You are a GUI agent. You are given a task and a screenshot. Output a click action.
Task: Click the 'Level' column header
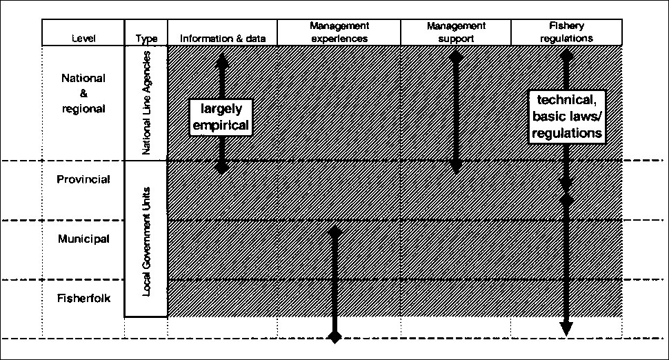coord(83,39)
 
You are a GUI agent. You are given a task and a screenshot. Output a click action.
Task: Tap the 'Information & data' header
coord(222,39)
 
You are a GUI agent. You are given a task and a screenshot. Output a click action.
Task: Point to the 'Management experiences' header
coord(339,32)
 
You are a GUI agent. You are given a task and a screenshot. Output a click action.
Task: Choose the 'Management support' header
coord(455,32)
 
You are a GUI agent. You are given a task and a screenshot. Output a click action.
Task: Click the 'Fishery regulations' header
coord(566,32)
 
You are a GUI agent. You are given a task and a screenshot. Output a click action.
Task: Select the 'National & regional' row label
coord(83,93)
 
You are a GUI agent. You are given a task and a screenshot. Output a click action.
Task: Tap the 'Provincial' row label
coord(83,179)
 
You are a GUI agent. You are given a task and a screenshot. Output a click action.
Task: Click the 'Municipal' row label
coord(83,239)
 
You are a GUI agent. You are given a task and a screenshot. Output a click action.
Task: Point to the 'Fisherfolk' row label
coord(83,299)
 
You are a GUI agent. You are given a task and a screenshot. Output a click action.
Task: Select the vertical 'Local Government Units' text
coord(146,240)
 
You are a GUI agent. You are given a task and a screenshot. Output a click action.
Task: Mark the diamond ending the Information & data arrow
coord(221,168)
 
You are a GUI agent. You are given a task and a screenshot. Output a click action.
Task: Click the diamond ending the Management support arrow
coord(455,168)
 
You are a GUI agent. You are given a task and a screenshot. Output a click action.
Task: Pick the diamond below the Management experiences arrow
coord(334,337)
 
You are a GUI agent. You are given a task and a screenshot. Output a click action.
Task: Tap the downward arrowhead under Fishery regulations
coord(566,328)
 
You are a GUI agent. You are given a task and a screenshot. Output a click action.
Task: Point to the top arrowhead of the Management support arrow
coord(455,55)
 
